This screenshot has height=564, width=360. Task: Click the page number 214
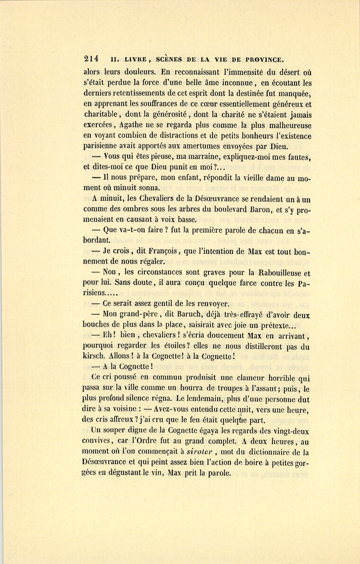point(91,58)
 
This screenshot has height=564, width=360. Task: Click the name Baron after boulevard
point(244,209)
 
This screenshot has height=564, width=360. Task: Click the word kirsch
point(94,356)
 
